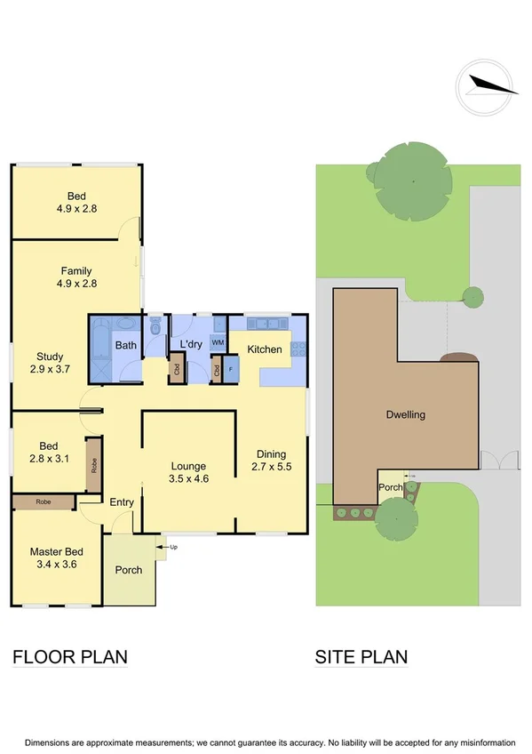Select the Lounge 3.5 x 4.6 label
click(x=188, y=472)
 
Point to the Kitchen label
click(x=264, y=349)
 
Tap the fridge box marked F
click(x=231, y=368)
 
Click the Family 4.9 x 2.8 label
click(x=76, y=277)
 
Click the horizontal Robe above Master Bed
click(x=44, y=501)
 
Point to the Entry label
click(x=122, y=502)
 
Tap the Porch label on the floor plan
click(x=130, y=570)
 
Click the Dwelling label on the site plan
click(x=405, y=414)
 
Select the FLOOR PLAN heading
click(x=70, y=657)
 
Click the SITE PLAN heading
click(x=361, y=657)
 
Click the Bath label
click(x=125, y=345)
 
